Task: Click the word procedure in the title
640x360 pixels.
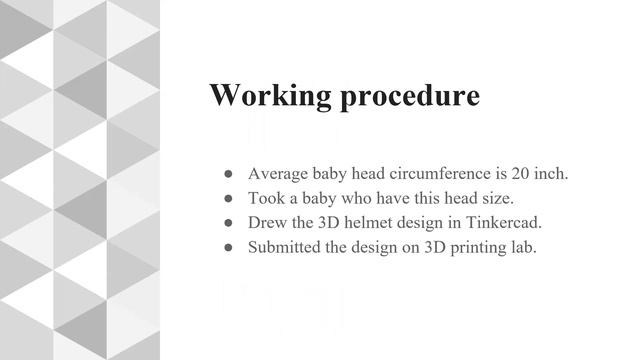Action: click(x=409, y=97)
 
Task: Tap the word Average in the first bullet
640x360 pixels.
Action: click(x=277, y=173)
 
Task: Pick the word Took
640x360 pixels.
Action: click(x=266, y=198)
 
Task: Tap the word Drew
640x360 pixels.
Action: click(x=267, y=222)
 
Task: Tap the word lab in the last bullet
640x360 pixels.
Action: click(x=523, y=247)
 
